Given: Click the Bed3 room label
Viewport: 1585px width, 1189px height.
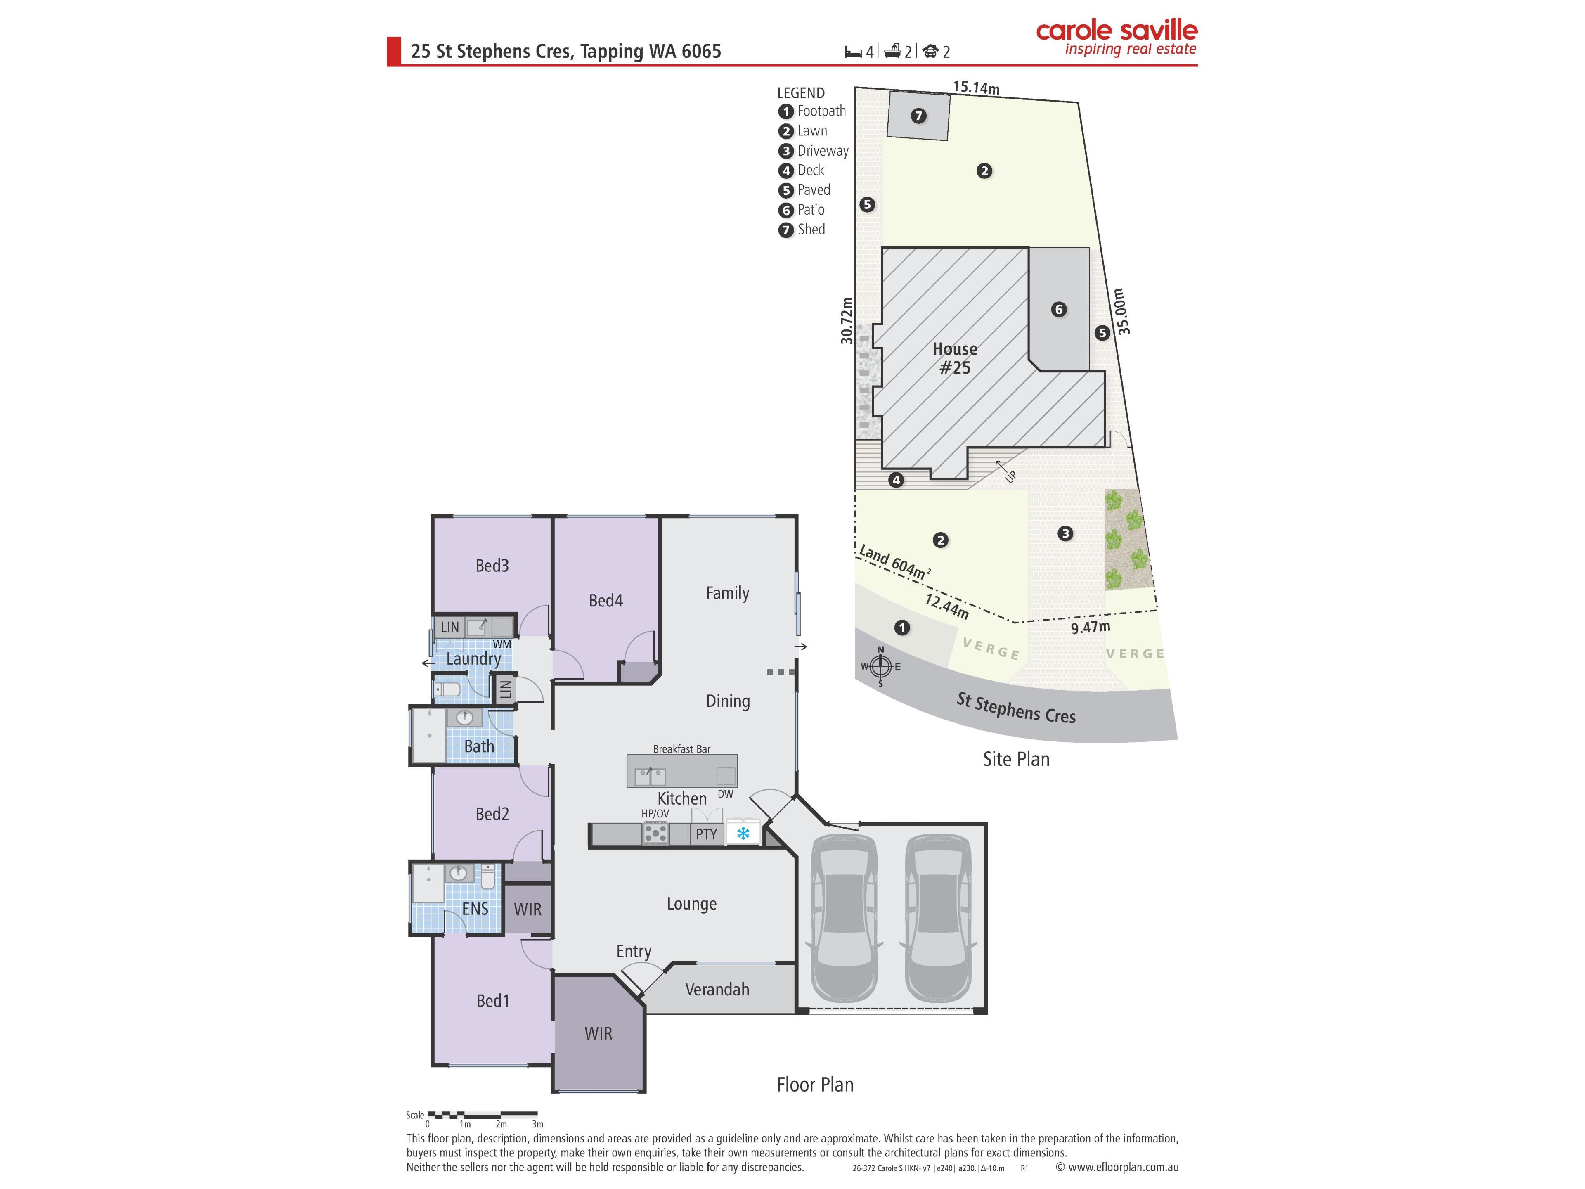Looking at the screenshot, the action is [492, 566].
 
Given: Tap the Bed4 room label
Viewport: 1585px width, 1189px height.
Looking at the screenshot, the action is [606, 601].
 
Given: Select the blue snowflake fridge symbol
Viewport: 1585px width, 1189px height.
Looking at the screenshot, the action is [743, 834].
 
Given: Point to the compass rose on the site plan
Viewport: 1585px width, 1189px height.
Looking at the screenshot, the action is [881, 666].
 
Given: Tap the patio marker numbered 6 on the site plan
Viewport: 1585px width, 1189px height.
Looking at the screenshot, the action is [1058, 310].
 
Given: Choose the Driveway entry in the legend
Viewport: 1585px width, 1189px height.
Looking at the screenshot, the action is [814, 151].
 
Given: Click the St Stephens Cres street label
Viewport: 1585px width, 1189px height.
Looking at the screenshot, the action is [1016, 708].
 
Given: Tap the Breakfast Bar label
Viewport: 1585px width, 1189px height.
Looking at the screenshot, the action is [681, 749].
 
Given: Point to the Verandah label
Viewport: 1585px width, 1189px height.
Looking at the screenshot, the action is [717, 990].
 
